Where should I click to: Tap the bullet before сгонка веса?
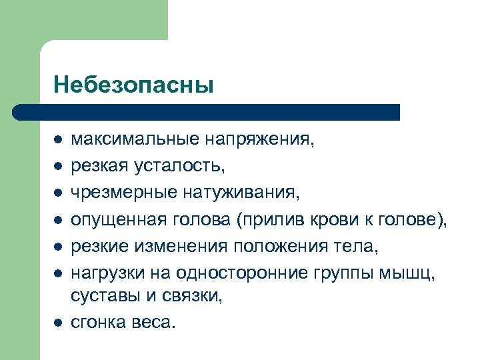point(58,323)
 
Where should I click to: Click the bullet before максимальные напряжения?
point(58,141)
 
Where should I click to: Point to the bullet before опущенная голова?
point(58,219)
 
